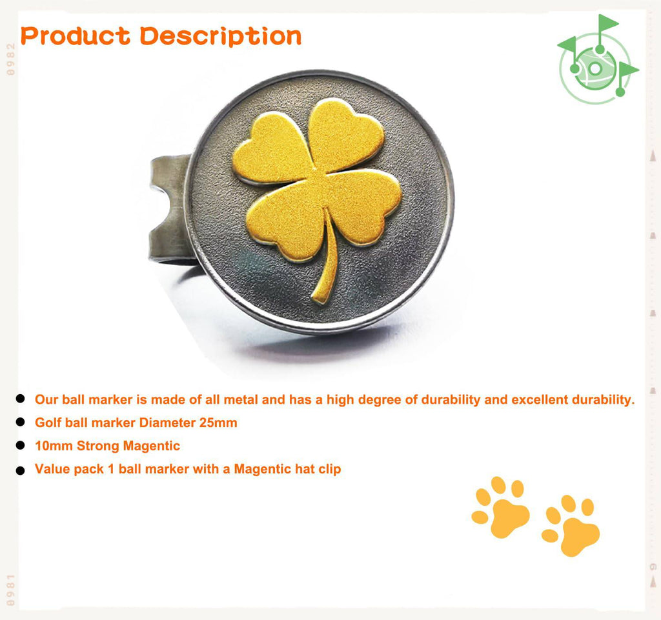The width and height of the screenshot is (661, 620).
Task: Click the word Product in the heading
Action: [x=76, y=35]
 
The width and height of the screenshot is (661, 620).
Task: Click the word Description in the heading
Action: [x=221, y=37]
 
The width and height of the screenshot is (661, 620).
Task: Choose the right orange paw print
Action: [x=571, y=525]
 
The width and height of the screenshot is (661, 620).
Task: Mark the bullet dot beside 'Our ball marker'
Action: [x=20, y=399]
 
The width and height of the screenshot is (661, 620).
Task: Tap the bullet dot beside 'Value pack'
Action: [x=20, y=470]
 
